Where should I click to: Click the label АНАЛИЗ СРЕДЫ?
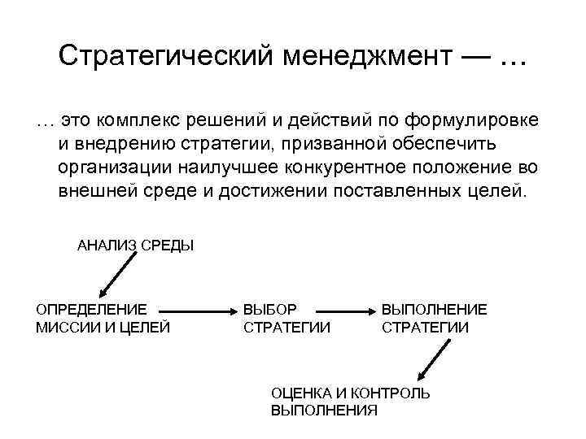click(135, 245)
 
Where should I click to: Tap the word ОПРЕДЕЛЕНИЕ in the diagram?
click(91, 310)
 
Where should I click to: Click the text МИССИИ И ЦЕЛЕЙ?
click(103, 328)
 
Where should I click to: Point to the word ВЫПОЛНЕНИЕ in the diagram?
click(435, 310)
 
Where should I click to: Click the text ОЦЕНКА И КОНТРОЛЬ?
click(351, 393)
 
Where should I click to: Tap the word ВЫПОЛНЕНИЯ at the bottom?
click(324, 411)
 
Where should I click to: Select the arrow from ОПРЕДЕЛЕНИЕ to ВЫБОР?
click(198, 311)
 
